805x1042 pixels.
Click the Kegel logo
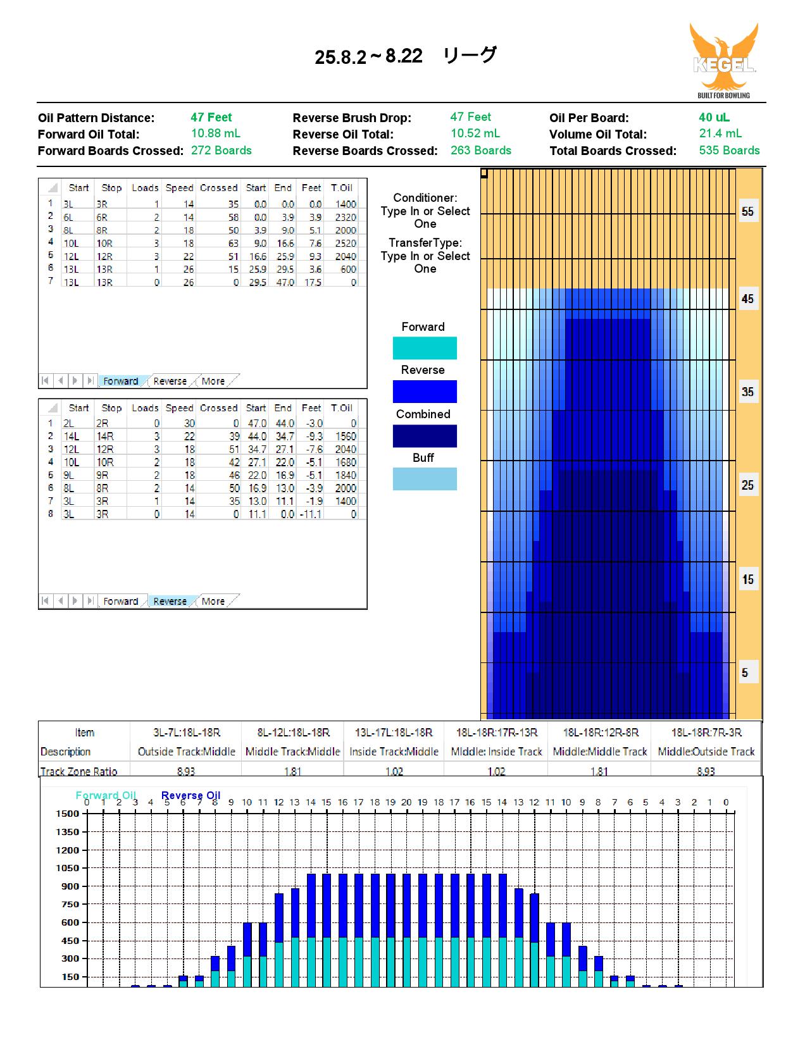(724, 60)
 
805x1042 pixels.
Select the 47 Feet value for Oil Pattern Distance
(211, 118)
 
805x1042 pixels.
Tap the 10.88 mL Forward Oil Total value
(216, 133)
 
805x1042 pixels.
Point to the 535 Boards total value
(729, 150)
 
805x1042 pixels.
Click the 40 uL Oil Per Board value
(714, 118)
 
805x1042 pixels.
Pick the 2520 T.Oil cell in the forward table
(345, 243)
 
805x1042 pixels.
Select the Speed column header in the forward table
(179, 187)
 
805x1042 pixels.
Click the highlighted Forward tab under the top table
(120, 381)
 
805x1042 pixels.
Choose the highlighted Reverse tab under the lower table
(170, 601)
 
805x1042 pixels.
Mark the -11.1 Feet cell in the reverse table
(311, 514)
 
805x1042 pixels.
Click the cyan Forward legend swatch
(424, 348)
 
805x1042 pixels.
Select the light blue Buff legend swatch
(424, 478)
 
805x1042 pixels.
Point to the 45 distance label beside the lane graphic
(747, 299)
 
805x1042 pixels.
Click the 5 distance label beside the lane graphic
(745, 673)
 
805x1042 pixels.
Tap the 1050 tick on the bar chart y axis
(67, 868)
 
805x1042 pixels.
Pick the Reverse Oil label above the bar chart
(191, 795)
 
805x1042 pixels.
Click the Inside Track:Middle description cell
(394, 752)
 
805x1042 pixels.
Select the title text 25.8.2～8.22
(368, 56)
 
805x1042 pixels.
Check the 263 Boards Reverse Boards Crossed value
(481, 150)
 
